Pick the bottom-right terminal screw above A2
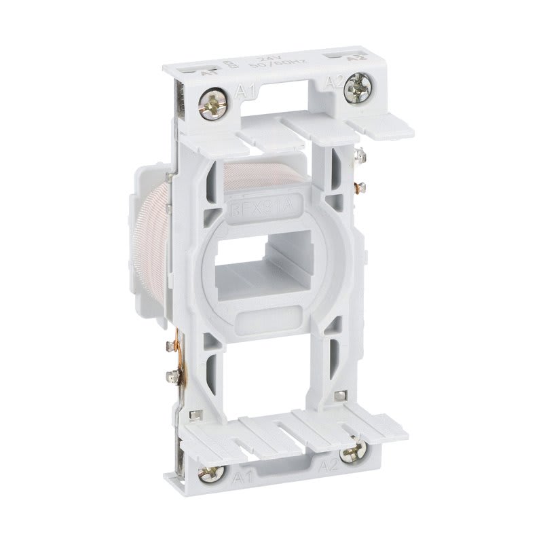(350, 453)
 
